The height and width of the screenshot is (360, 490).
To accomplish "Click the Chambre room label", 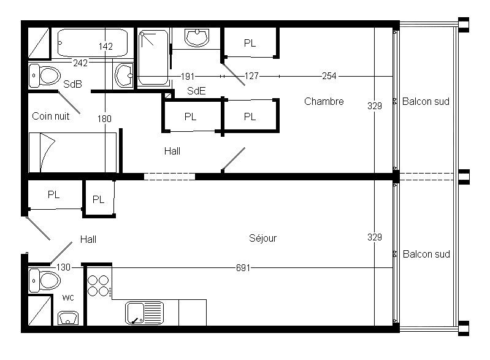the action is [x=324, y=101].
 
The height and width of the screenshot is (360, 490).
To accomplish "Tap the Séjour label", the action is [x=263, y=239].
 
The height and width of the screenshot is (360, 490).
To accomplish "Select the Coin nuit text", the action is [x=51, y=117].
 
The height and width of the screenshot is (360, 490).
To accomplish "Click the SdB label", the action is [x=72, y=84].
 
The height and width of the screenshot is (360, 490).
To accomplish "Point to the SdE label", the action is [x=196, y=91].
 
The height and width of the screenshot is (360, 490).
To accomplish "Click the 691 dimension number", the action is [x=243, y=268].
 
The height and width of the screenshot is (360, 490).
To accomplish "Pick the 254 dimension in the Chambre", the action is [x=329, y=76].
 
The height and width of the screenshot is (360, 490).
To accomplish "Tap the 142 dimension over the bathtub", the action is [x=105, y=47].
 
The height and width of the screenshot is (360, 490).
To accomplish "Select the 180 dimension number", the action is [x=104, y=119].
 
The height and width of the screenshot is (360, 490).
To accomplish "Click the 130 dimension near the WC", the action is [x=63, y=267].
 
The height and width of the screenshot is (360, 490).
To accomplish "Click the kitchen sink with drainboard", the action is [x=144, y=313].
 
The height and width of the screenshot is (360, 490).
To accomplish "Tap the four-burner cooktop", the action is [x=99, y=286].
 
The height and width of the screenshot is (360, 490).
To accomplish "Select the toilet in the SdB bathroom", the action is [x=45, y=75].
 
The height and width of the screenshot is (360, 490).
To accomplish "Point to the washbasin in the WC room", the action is [x=68, y=318].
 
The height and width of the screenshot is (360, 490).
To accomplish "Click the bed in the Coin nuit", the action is [x=72, y=153].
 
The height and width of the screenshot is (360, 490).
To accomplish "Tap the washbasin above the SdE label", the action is [x=197, y=37].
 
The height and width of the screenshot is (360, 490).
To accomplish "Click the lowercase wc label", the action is [x=68, y=297].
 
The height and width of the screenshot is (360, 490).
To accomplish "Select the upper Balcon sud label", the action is [x=426, y=101].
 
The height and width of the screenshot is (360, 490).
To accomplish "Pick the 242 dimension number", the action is [x=80, y=63].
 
